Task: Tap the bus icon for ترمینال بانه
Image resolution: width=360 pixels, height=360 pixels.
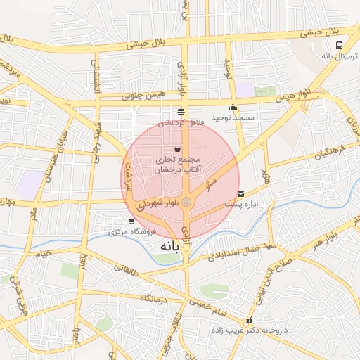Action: tap(340, 45)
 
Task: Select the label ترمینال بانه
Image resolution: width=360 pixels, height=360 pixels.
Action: tap(336, 56)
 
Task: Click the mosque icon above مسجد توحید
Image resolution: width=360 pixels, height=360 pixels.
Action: tap(233, 108)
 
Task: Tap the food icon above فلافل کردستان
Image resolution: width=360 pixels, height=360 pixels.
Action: tap(181, 112)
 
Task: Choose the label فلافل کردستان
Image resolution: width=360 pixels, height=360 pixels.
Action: tap(181, 122)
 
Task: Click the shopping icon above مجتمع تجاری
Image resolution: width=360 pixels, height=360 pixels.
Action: tap(176, 149)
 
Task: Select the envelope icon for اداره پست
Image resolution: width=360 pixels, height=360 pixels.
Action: tap(241, 193)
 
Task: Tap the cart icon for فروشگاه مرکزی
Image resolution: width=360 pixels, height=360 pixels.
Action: tap(131, 221)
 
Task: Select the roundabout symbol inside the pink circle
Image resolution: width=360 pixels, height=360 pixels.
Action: tap(186, 202)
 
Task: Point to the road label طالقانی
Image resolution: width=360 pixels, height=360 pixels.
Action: tap(128, 267)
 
